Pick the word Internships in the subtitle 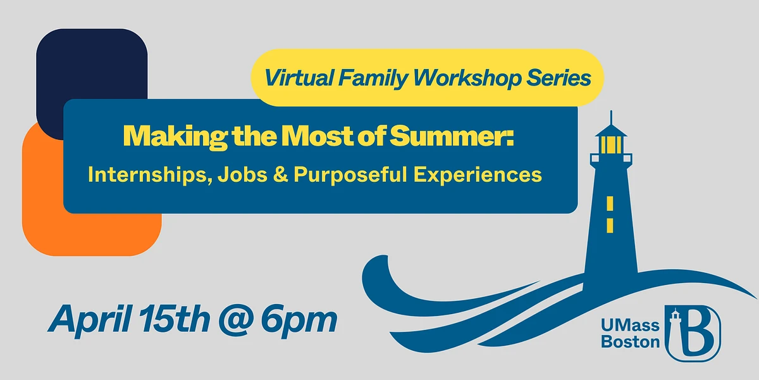(147, 175)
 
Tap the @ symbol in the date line (244, 320)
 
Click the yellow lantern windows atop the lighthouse (611, 145)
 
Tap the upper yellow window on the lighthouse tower (610, 203)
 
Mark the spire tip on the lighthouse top (612, 113)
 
